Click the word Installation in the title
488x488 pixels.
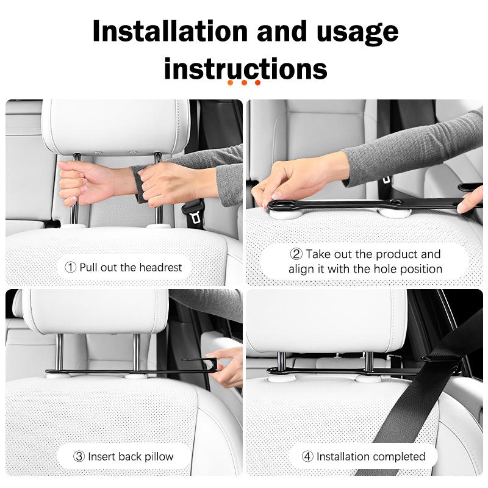170,31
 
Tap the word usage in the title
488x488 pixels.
357,33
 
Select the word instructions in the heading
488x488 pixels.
246,68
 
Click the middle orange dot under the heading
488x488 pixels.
244,83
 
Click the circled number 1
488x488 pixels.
70,267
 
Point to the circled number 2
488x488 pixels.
296,254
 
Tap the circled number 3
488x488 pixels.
79,456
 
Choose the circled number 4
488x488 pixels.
307,456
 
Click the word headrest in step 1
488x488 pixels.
160,267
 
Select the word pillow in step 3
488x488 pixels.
159,457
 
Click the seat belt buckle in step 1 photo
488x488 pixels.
195,214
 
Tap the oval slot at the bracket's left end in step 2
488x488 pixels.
282,204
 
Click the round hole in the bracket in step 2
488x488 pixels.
396,203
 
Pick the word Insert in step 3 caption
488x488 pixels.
101,456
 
